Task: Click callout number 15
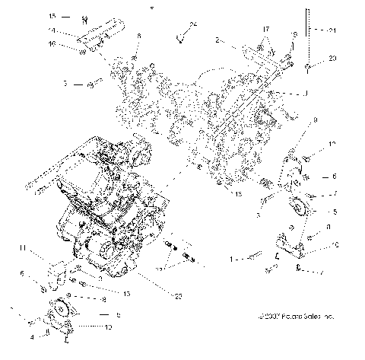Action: click(x=52, y=15)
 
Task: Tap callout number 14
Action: click(x=52, y=30)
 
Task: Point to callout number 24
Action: click(x=193, y=25)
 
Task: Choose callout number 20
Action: click(x=332, y=58)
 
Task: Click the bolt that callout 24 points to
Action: click(x=181, y=35)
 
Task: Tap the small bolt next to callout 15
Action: click(x=84, y=17)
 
